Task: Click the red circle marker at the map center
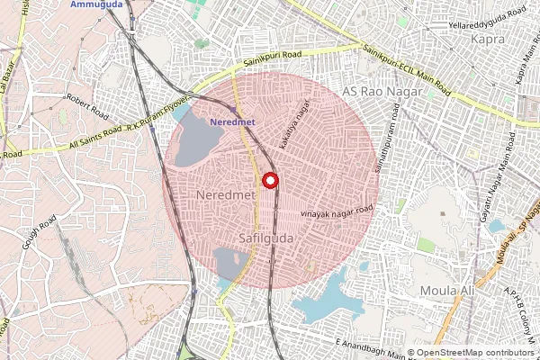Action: [269, 180]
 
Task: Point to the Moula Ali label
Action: [446, 291]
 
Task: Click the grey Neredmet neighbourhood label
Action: [220, 195]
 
